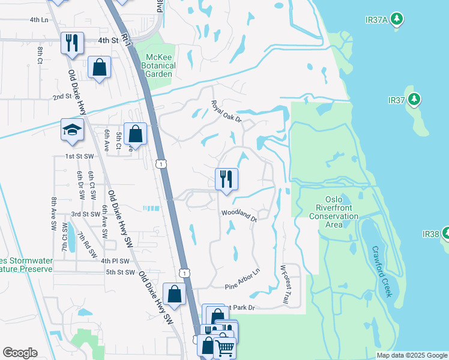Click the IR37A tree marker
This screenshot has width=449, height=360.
click(396, 20)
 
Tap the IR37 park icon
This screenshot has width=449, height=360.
click(414, 99)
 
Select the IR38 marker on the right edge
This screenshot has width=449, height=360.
click(445, 233)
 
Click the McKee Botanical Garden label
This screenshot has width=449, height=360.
click(158, 65)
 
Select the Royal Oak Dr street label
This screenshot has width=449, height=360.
click(226, 112)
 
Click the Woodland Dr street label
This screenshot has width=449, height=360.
click(239, 215)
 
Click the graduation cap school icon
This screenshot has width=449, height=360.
click(72, 130)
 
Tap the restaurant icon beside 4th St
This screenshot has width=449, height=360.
click(72, 43)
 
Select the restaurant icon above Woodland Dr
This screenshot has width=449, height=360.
click(226, 179)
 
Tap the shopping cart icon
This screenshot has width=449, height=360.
click(224, 347)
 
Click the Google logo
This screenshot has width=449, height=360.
click(20, 353)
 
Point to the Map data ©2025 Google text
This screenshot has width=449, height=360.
click(412, 355)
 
